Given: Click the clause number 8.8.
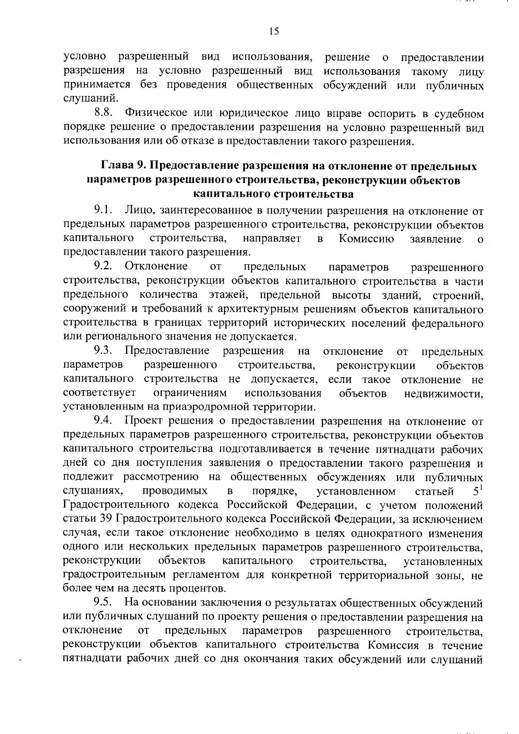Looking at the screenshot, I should pos(104,113).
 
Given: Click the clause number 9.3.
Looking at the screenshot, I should pos(103,351).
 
